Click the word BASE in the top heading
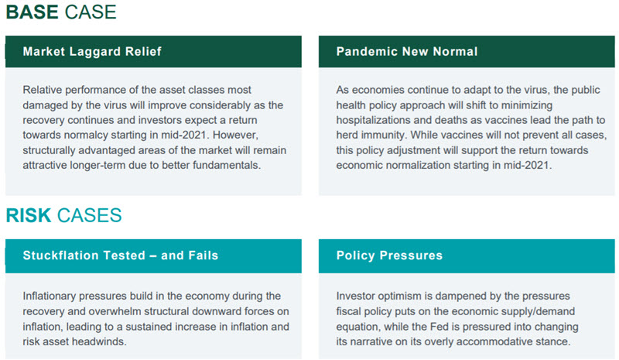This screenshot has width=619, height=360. pyautogui.click(x=32, y=12)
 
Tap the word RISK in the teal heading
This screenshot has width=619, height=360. pyautogui.click(x=29, y=215)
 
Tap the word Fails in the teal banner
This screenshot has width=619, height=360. pyautogui.click(x=203, y=255)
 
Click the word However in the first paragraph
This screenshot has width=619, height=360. pyautogui.click(x=236, y=135)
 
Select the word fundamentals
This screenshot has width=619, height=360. pyautogui.click(x=227, y=165)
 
